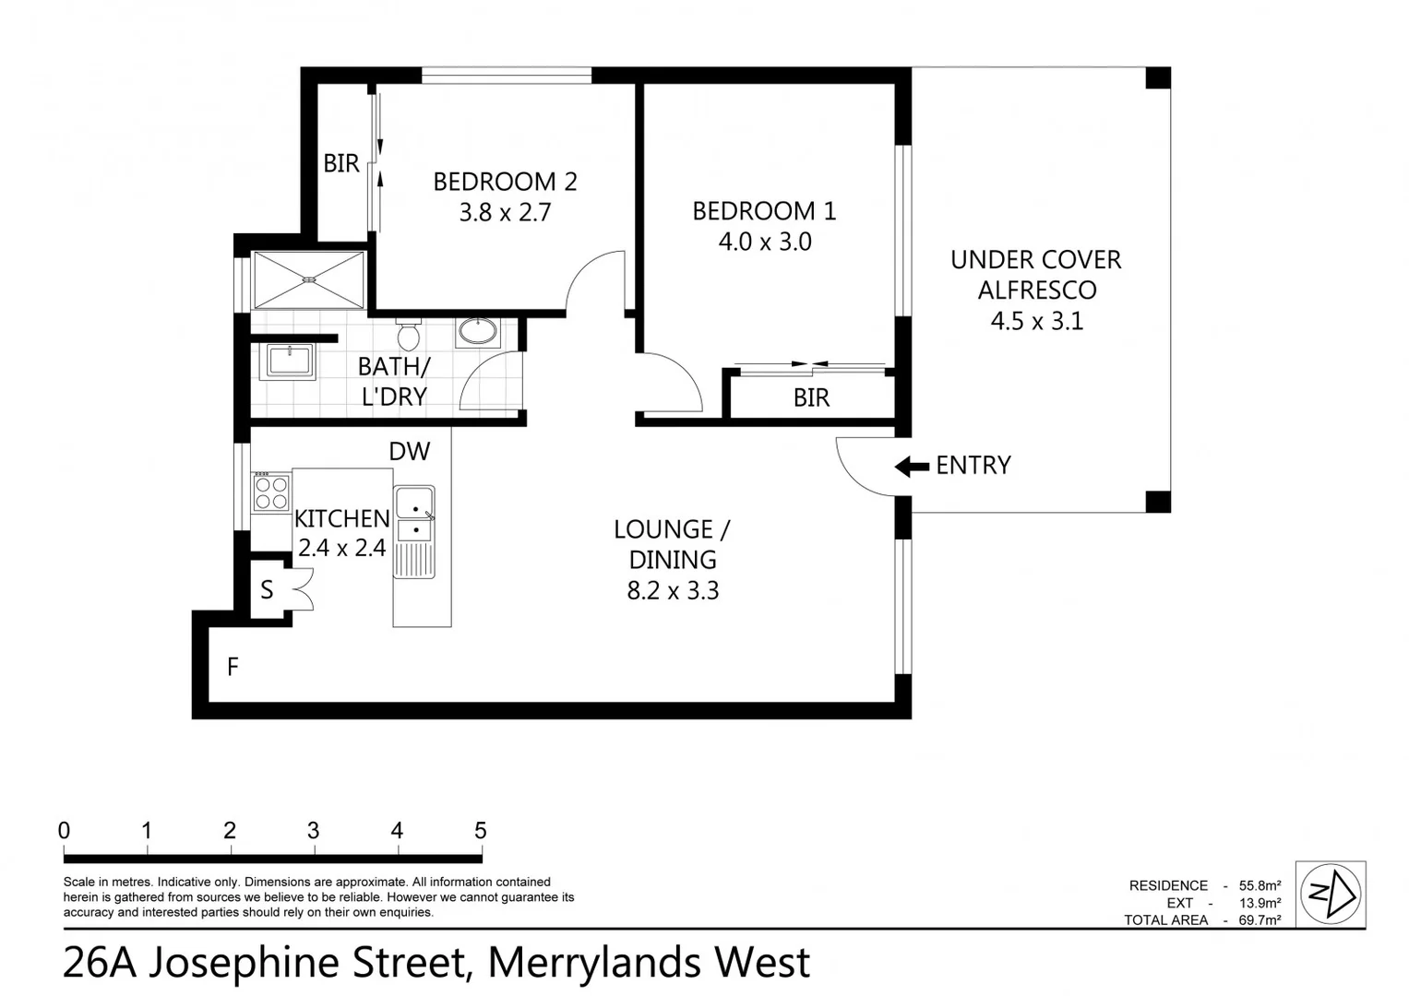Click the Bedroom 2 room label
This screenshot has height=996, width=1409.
(505, 182)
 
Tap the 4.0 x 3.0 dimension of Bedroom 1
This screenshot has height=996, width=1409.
(764, 242)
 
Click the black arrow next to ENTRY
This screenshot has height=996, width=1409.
(912, 467)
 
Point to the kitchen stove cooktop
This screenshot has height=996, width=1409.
(271, 492)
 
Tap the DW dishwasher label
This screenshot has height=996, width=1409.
(409, 451)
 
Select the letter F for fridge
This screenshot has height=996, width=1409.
(233, 666)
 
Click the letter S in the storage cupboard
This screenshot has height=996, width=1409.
(267, 590)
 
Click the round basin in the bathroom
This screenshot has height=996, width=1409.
(477, 332)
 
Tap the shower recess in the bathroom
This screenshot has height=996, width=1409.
(309, 280)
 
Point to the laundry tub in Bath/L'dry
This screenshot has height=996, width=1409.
(290, 360)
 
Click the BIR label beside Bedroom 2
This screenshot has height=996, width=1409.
(340, 164)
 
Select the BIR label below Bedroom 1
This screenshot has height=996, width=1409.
(811, 398)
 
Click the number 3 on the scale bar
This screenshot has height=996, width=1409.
(313, 831)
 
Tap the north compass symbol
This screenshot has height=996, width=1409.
(1330, 893)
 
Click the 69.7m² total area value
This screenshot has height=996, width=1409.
(1259, 919)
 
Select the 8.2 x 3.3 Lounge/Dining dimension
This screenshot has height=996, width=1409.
(673, 591)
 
